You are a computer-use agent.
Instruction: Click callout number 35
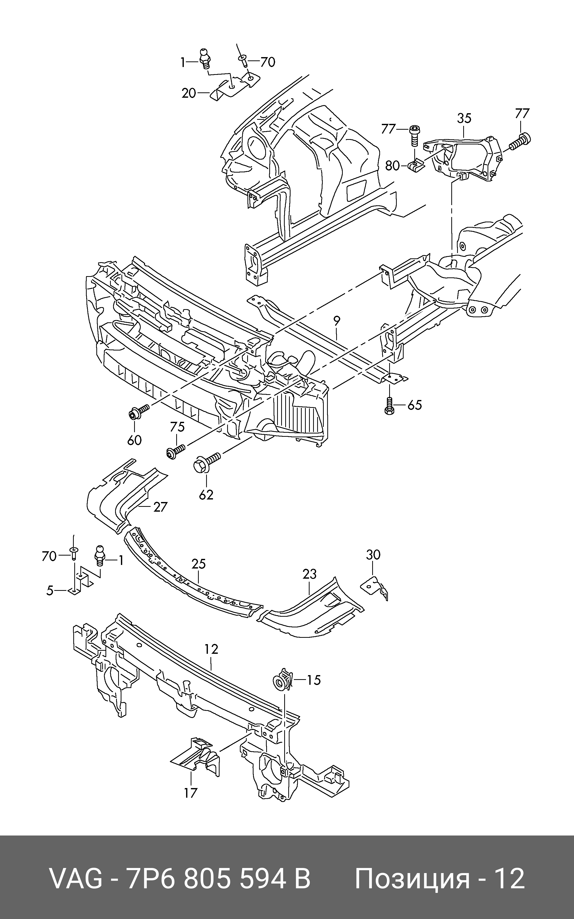[x=464, y=118]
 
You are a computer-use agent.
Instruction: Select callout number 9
[x=337, y=321]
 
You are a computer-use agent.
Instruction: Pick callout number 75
[x=177, y=427]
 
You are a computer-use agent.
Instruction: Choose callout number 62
[x=206, y=495]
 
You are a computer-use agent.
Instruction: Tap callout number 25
[x=198, y=564]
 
